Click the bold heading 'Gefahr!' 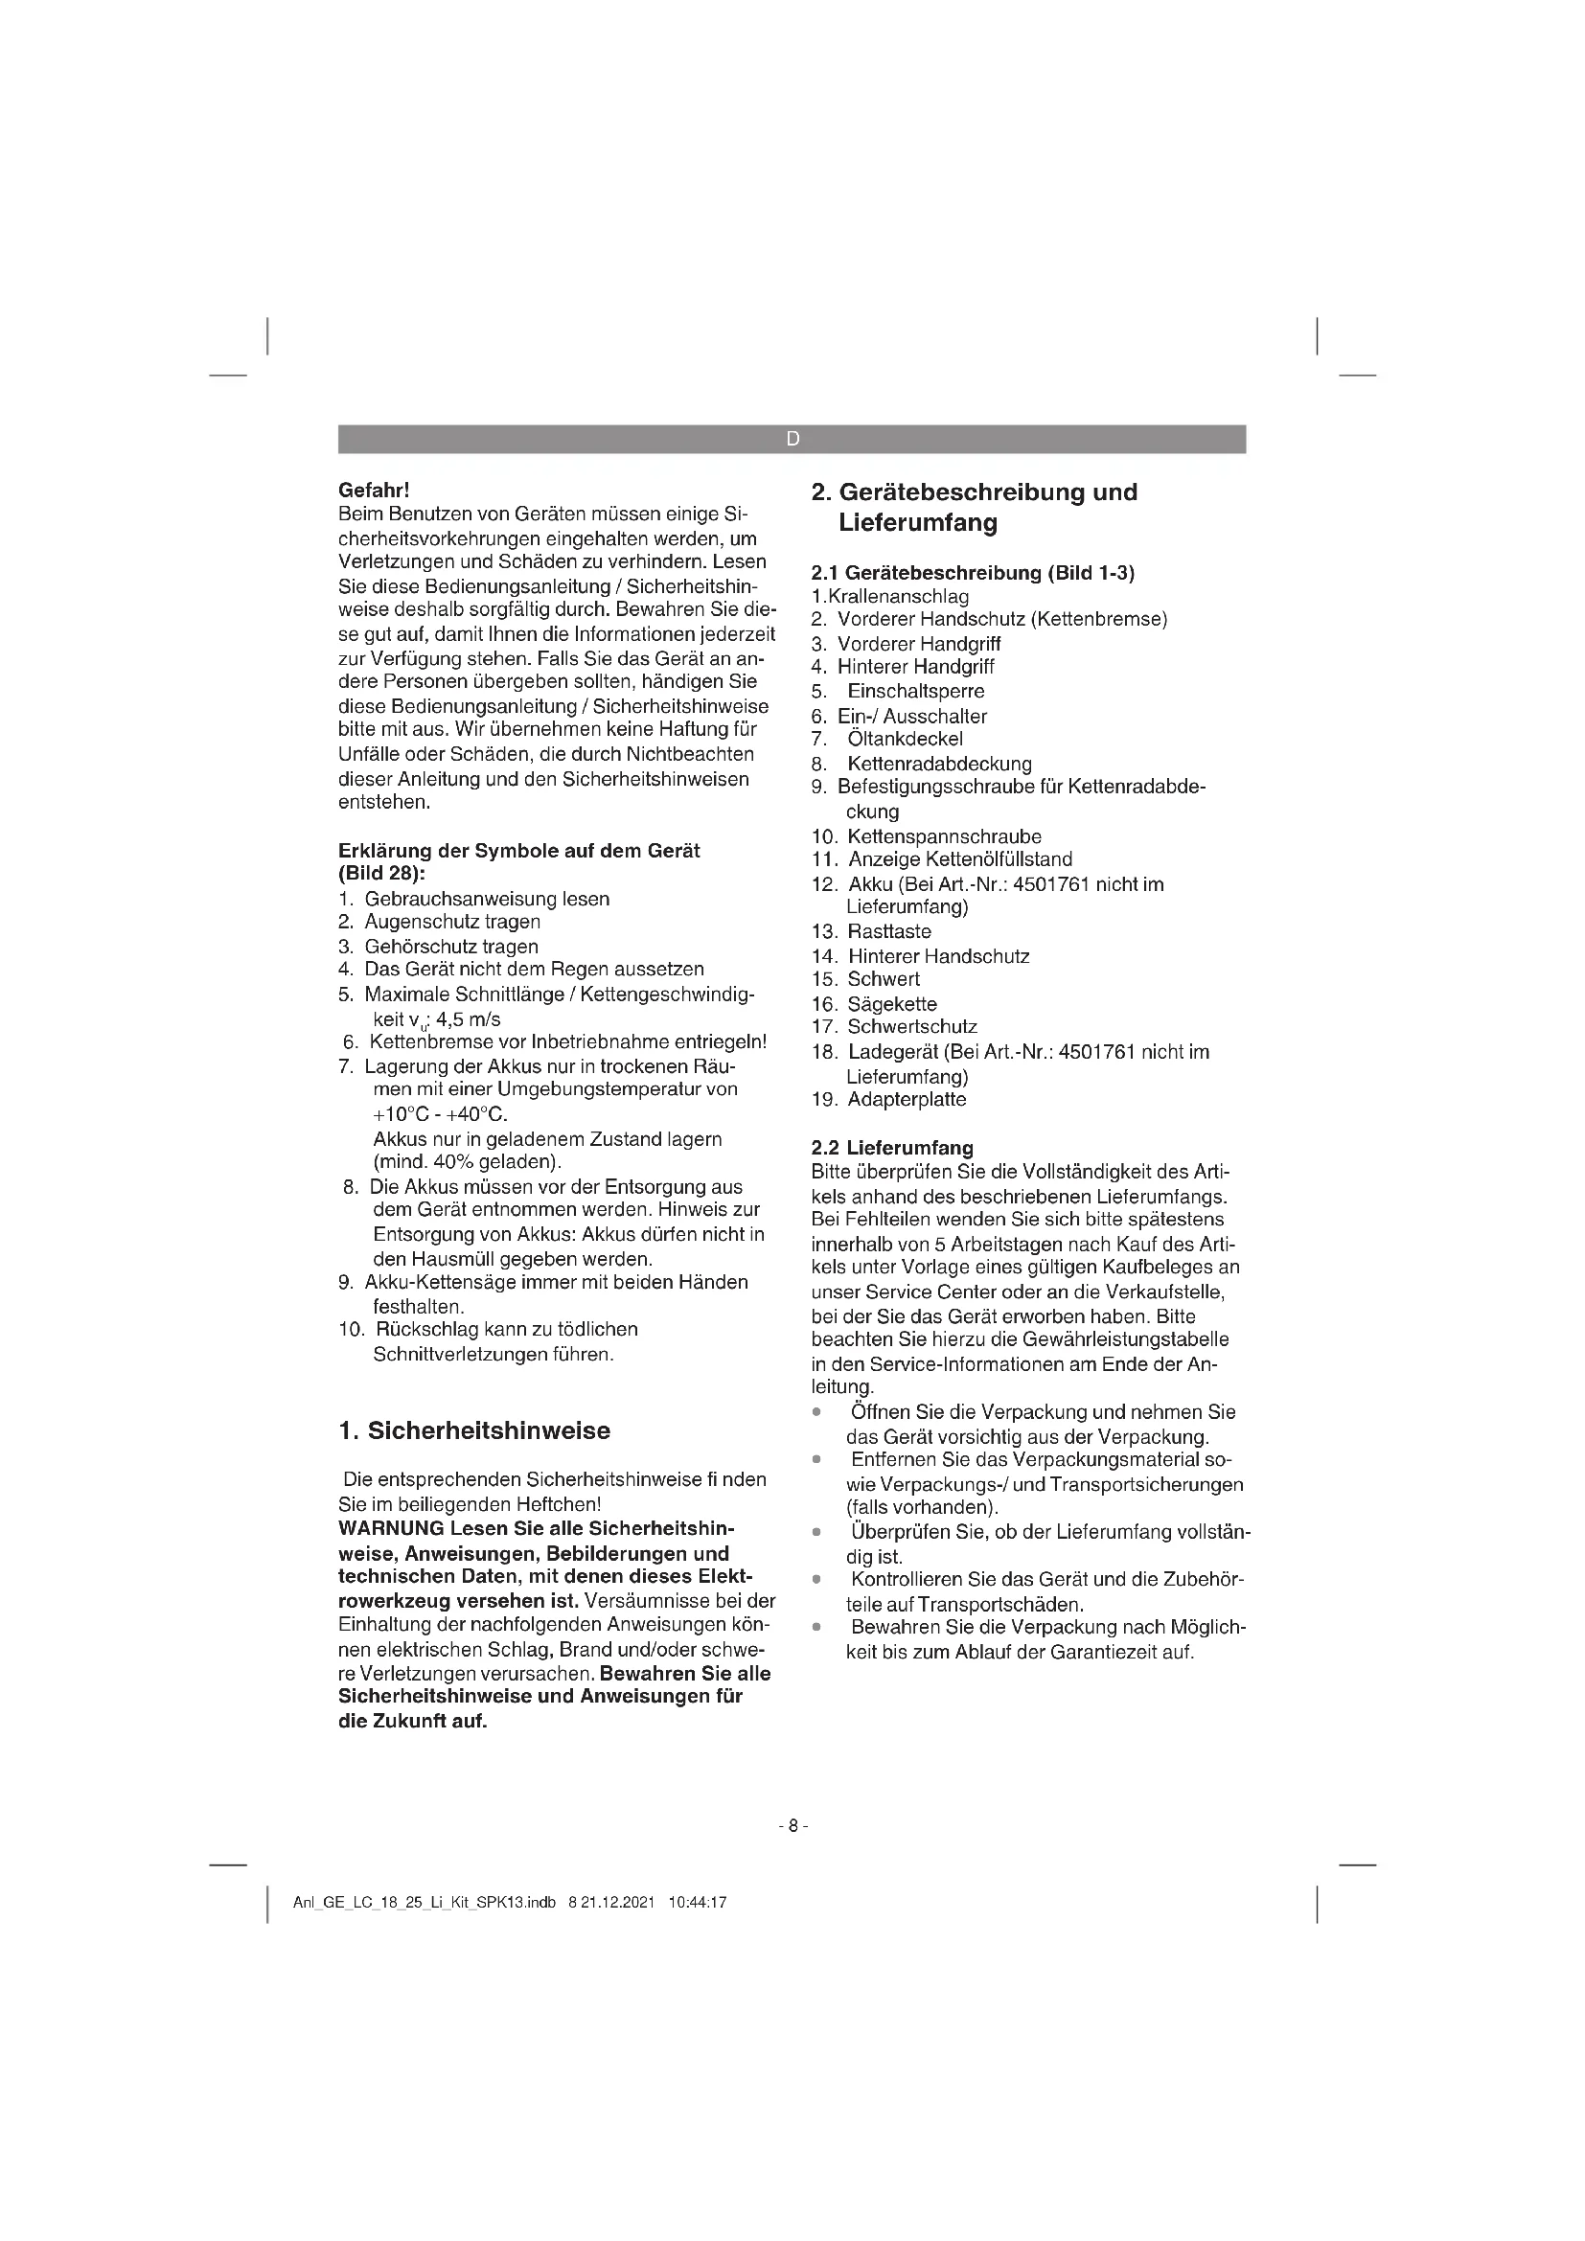(x=373, y=489)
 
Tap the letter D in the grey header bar (x=792, y=439)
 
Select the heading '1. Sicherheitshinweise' (x=474, y=1430)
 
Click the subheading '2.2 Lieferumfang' (x=892, y=1148)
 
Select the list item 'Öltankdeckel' (x=905, y=739)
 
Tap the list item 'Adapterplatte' (x=907, y=1100)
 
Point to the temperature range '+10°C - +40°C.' (x=440, y=1114)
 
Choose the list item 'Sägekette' (x=892, y=1004)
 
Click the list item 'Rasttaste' (x=889, y=932)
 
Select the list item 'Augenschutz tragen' (x=453, y=922)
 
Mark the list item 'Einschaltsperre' (x=915, y=692)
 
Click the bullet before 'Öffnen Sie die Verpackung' (x=815, y=1412)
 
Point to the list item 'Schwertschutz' (x=911, y=1027)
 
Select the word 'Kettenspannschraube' (x=944, y=836)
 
